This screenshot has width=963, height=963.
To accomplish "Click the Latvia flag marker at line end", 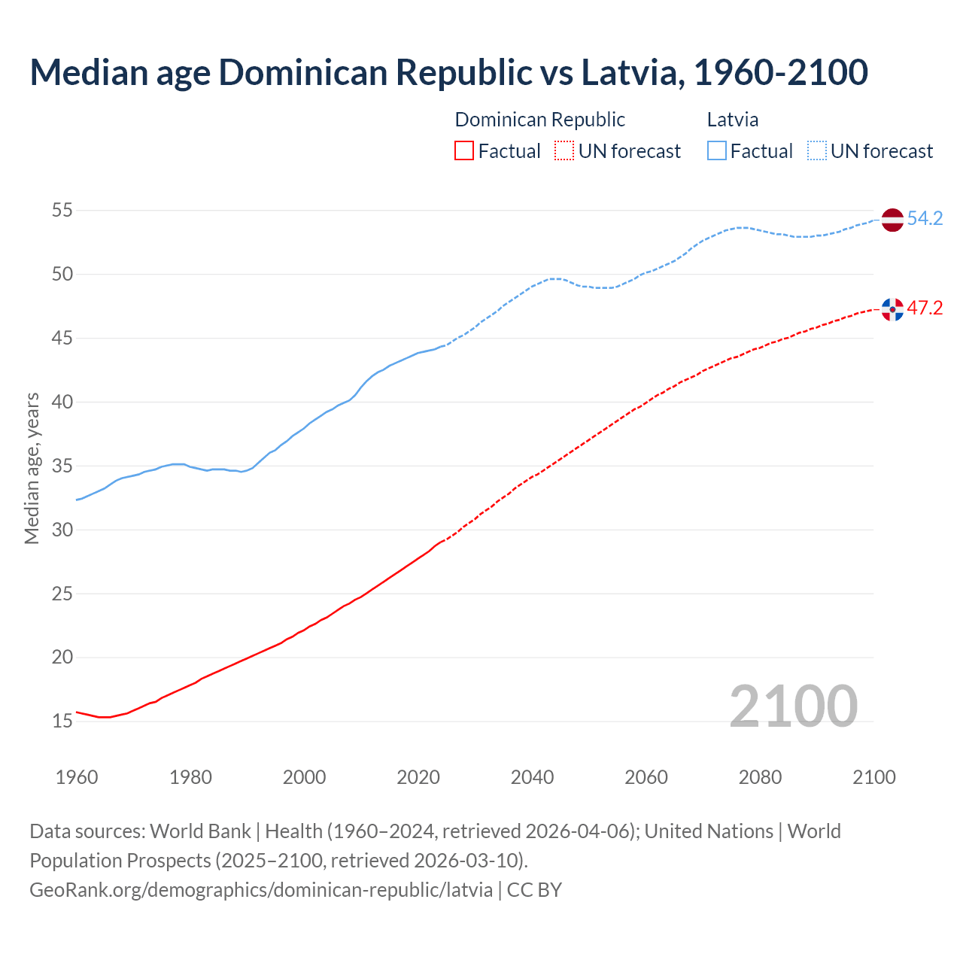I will (892, 220).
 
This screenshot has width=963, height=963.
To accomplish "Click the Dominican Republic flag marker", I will (892, 309).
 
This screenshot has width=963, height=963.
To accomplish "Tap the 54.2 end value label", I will (925, 219).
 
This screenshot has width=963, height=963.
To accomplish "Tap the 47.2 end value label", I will (925, 308).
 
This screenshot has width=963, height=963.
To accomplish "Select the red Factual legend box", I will (464, 151).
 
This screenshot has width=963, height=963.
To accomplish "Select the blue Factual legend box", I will (716, 151).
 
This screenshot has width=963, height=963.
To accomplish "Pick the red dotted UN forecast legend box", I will (564, 151).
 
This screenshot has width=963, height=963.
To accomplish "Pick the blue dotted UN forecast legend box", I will (816, 151).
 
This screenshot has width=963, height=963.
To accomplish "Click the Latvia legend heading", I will (732, 120).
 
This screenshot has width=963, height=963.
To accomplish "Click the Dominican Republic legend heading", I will (539, 120).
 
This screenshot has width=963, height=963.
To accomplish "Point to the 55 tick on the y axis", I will (62, 211).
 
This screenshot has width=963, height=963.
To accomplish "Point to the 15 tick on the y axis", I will (62, 721).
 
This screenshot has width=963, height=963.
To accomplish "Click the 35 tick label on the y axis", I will (62, 466).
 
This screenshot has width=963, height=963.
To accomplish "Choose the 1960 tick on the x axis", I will (77, 777).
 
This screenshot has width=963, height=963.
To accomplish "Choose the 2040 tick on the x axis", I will (532, 777).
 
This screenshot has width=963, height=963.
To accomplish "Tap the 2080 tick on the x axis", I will (760, 777).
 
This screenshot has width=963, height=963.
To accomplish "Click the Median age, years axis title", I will (32, 468).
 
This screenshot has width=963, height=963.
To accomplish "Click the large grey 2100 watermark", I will (793, 706).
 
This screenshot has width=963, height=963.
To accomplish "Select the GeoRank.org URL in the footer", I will (261, 890).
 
